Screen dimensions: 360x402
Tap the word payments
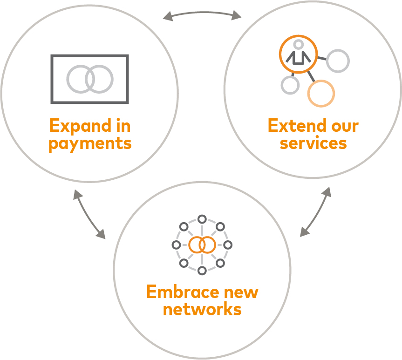pyautogui.click(x=90, y=143)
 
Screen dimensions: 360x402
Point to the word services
pyautogui.click(x=313, y=143)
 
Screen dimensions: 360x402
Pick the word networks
pyautogui.click(x=202, y=309)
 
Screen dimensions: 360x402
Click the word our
pyautogui.click(x=344, y=126)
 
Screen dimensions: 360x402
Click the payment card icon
pyautogui.click(x=89, y=79)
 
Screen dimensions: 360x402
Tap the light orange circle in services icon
pyautogui.click(x=321, y=93)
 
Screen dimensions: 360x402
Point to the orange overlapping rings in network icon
pyautogui.click(x=202, y=245)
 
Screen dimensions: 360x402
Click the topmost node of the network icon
pyautogui.click(x=202, y=219)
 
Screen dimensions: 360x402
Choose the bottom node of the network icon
pyautogui.click(x=202, y=270)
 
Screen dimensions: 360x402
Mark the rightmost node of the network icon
pyautogui.click(x=228, y=245)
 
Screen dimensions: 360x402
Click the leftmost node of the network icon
pyautogui.click(x=176, y=245)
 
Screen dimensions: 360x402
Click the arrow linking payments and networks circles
pyautogui.click(x=89, y=214)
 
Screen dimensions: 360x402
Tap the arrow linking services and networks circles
pyautogui.click(x=315, y=212)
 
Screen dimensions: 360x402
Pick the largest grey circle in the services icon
pyautogui.click(x=338, y=61)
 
